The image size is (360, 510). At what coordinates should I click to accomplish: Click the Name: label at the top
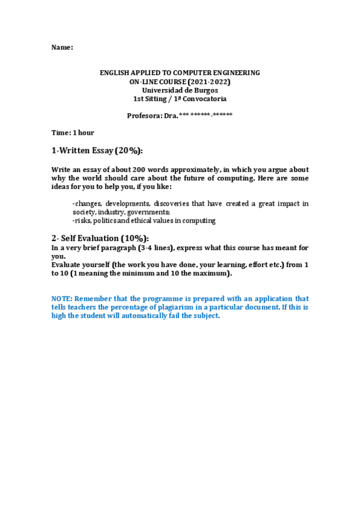click(x=62, y=47)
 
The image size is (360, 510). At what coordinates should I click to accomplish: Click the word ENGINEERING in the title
click(x=236, y=73)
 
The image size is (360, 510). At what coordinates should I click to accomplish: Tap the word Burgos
click(x=205, y=90)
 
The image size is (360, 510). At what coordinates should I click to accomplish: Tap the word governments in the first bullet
click(x=148, y=212)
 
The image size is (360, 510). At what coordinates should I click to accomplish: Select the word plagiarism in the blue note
click(x=207, y=307)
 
